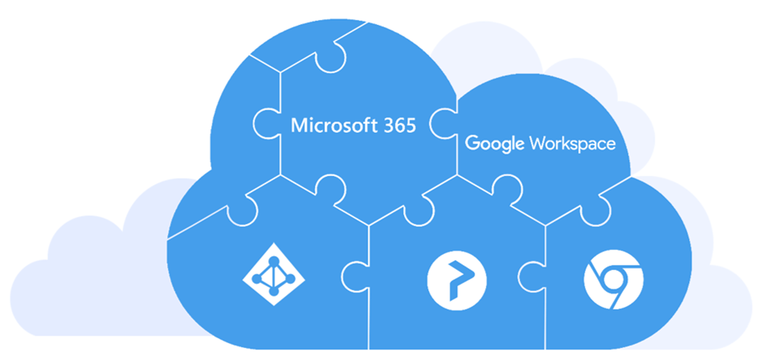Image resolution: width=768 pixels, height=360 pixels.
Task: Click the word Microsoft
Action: [328, 125]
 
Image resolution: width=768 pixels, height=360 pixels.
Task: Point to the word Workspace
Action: [572, 144]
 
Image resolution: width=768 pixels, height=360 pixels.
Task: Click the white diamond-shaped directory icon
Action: [274, 274]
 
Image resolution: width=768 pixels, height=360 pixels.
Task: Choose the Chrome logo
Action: [613, 280]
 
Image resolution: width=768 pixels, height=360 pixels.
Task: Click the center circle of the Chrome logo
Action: [613, 280]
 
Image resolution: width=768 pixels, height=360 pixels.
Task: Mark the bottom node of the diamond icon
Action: [274, 291]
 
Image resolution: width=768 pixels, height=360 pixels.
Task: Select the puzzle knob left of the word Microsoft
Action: [265, 125]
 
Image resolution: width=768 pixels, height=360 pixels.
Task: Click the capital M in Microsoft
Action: [297, 125]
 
